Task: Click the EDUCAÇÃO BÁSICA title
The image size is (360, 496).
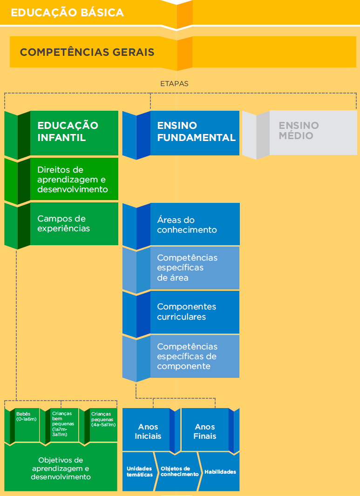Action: (x=67, y=13)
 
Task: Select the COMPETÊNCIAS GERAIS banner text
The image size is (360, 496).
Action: (x=87, y=52)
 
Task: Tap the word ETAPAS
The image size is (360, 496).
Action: (x=175, y=84)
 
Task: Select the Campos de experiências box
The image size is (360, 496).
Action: (x=61, y=225)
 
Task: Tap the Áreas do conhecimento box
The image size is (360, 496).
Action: (x=181, y=225)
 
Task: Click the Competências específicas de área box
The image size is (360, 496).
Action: (x=181, y=269)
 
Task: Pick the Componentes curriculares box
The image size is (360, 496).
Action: (x=181, y=313)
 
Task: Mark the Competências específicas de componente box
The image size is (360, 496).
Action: (x=181, y=357)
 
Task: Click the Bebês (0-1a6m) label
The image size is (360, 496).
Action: (x=27, y=416)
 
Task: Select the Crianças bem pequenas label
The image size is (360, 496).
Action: (x=63, y=424)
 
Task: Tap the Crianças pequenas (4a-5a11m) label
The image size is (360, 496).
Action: (x=103, y=419)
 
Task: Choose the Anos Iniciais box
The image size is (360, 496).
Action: (x=148, y=431)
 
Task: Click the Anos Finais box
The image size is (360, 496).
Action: (x=205, y=431)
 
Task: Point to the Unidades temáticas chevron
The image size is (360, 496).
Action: (x=139, y=471)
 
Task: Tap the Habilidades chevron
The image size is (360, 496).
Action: (x=220, y=471)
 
